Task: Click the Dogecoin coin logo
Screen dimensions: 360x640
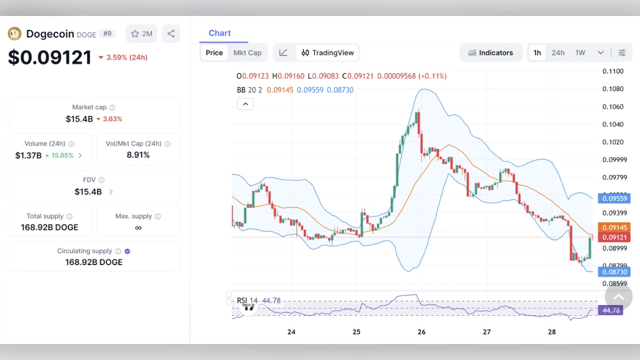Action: click(x=14, y=34)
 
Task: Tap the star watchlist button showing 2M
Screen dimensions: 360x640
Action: click(x=141, y=34)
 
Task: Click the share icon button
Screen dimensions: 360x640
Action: click(x=171, y=34)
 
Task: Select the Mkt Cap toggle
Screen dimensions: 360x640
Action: click(x=247, y=53)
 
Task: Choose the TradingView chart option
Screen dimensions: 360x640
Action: click(x=327, y=53)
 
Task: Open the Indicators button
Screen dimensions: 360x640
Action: click(x=490, y=53)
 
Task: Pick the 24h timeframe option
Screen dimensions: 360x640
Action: click(x=558, y=53)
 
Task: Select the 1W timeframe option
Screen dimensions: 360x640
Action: click(x=580, y=53)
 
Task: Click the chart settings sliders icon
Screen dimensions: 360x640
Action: click(x=622, y=53)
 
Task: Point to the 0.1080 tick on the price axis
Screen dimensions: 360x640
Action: click(x=613, y=89)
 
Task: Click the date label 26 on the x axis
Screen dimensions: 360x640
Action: click(x=421, y=332)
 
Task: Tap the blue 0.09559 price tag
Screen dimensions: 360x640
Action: click(x=615, y=198)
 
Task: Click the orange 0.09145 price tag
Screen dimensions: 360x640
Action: click(x=614, y=227)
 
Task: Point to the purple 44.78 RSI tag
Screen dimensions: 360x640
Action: click(x=611, y=310)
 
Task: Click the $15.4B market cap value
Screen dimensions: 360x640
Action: click(x=79, y=119)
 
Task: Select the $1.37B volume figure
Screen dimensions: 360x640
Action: click(x=28, y=155)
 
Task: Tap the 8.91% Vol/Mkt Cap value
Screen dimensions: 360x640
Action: click(x=138, y=155)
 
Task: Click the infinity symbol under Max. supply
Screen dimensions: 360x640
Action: click(x=138, y=228)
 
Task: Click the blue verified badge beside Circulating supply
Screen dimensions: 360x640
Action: click(x=127, y=251)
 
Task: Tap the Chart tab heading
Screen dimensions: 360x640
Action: click(x=220, y=33)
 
